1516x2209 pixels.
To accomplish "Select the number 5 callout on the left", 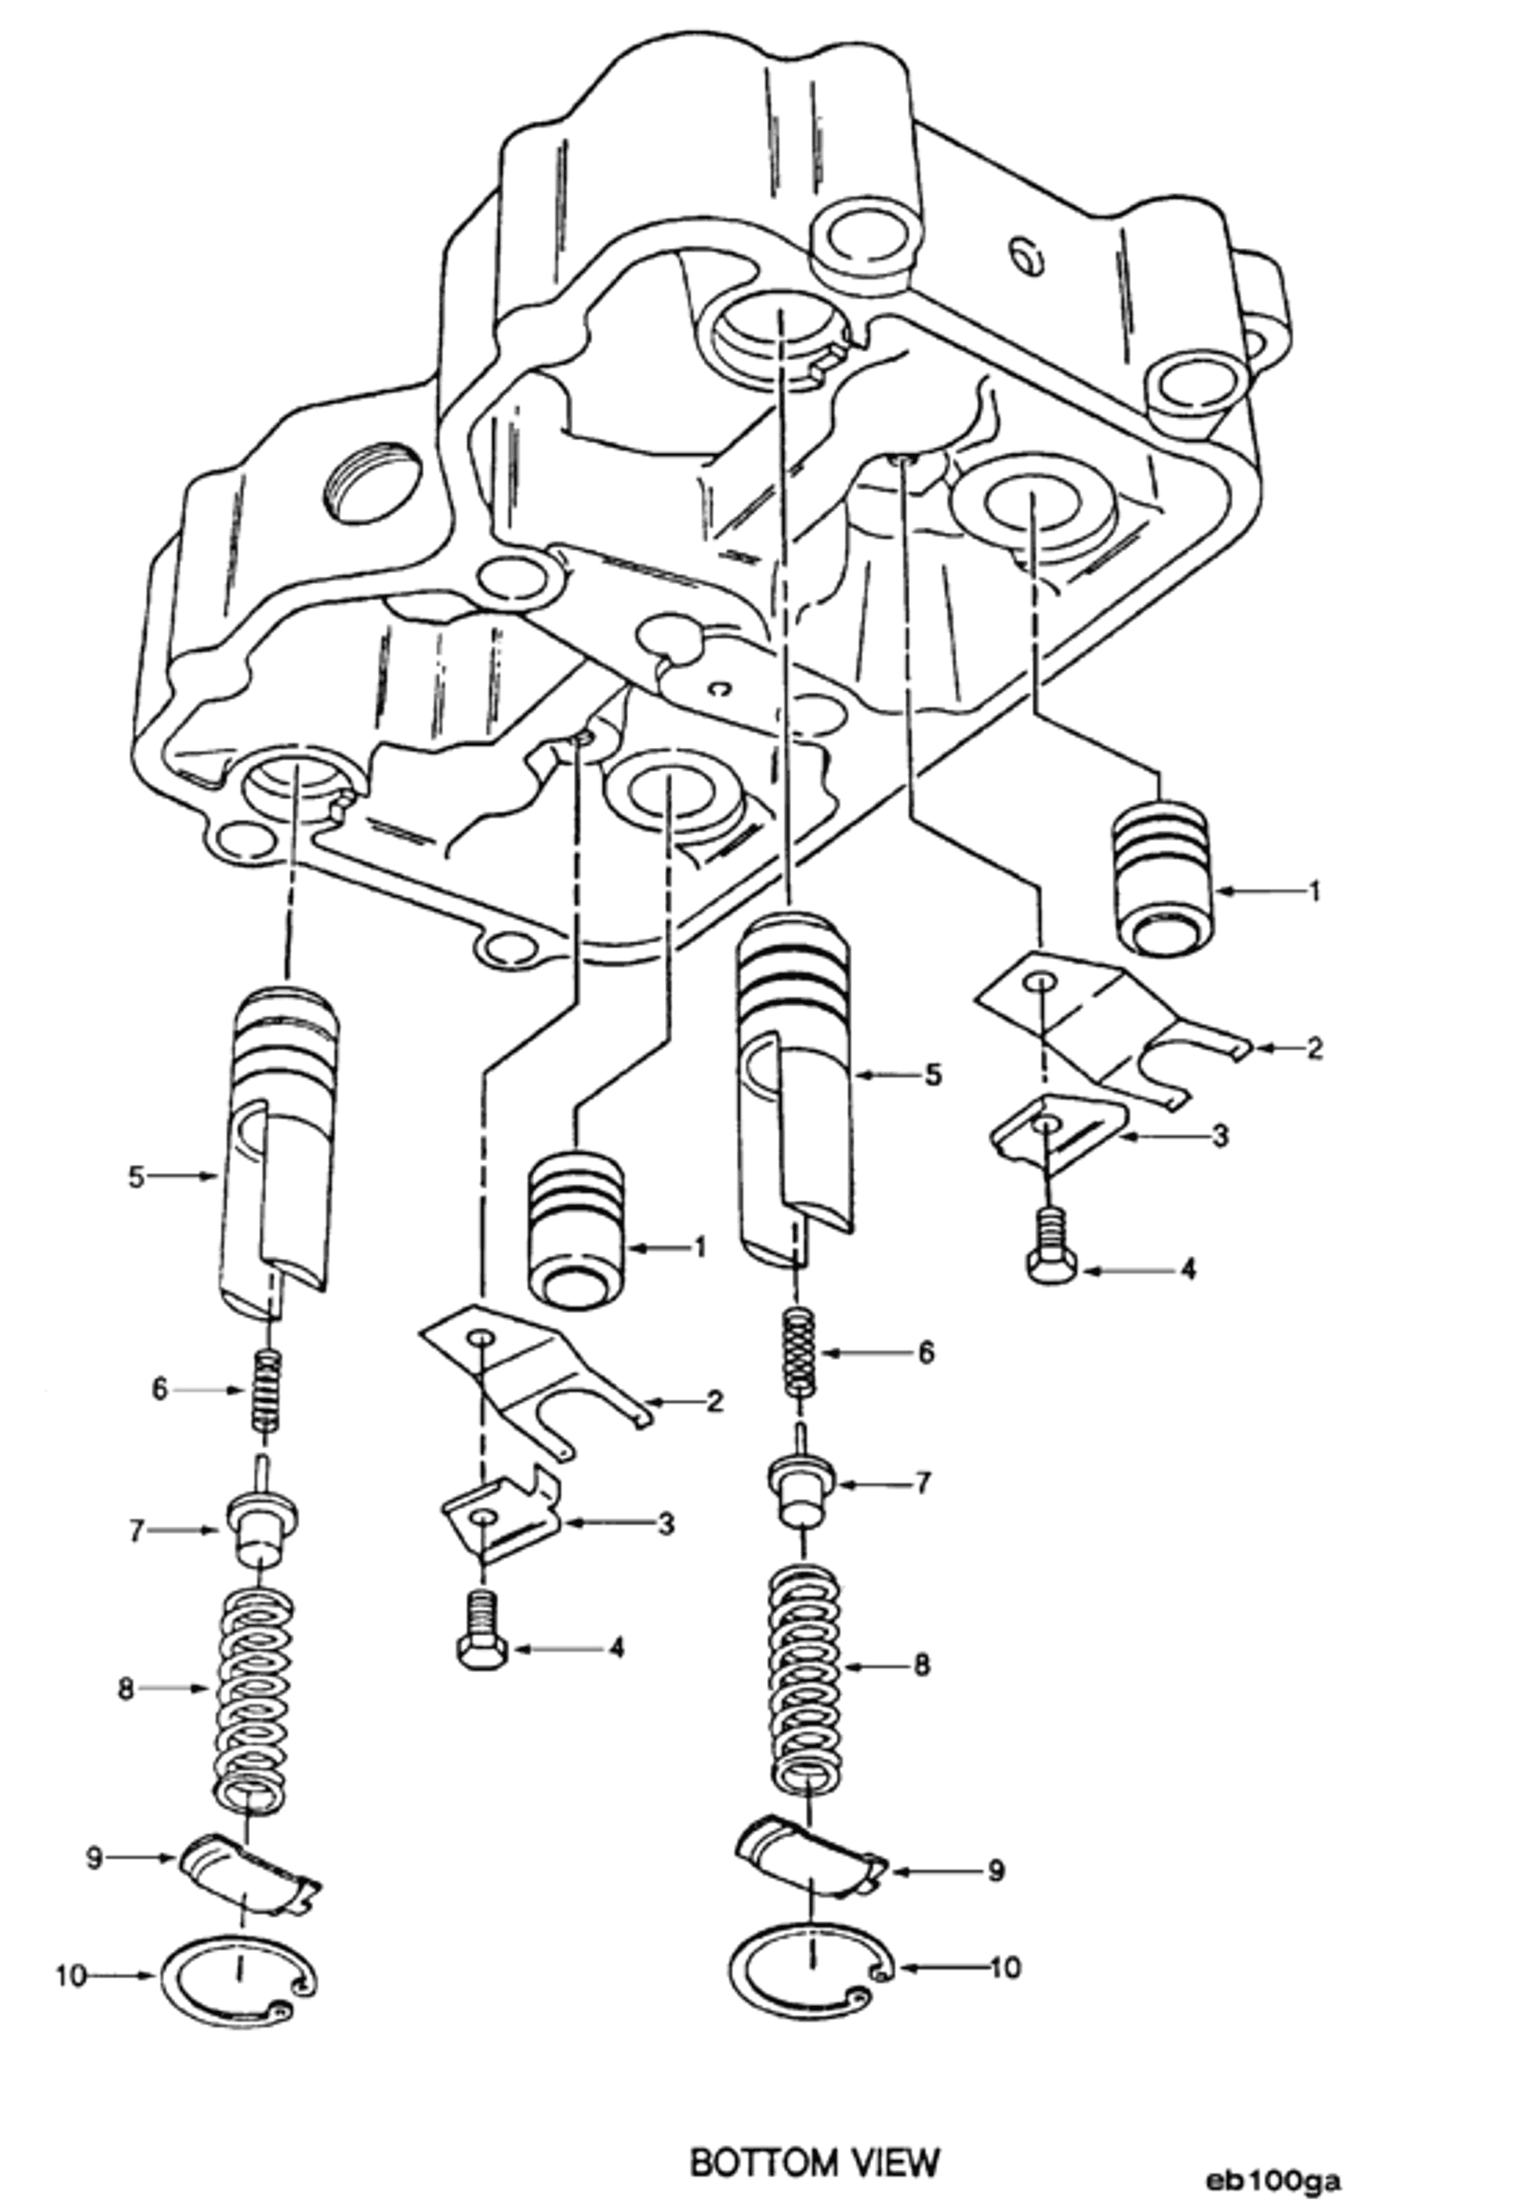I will [x=136, y=1177].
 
